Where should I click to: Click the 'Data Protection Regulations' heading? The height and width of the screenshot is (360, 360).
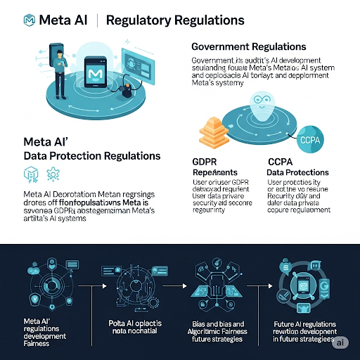(92, 155)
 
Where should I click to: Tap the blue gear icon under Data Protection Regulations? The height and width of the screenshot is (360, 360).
(51, 174)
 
